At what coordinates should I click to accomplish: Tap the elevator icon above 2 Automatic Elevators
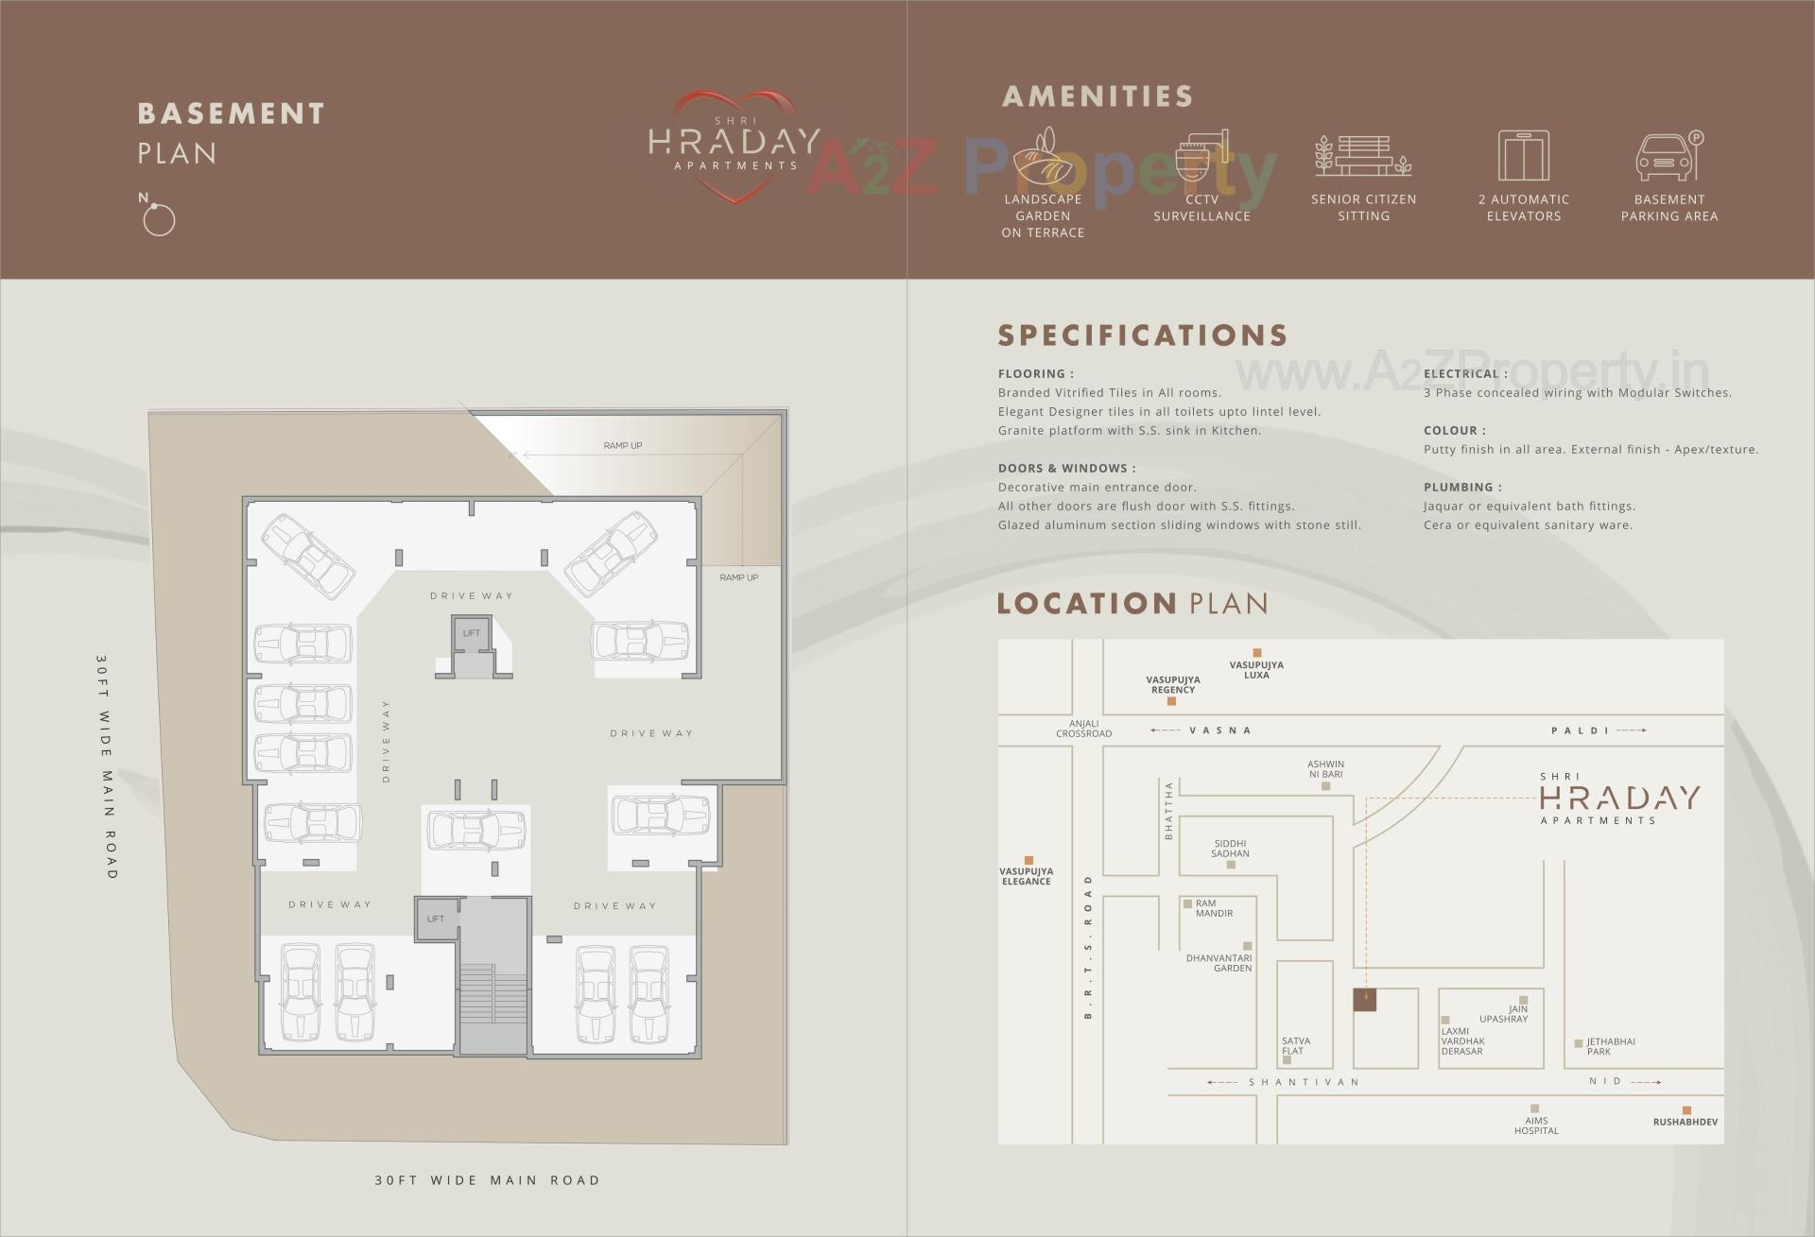tap(1523, 156)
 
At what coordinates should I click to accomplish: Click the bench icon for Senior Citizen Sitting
tap(1362, 156)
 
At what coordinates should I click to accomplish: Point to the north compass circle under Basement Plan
tap(159, 220)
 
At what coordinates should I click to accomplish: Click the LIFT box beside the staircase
tap(436, 919)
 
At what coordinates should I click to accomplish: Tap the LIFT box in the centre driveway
tap(471, 633)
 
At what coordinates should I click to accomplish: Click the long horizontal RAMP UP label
tap(623, 445)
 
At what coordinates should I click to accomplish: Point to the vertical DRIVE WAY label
tap(387, 741)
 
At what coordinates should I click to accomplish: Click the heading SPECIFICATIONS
tap(1143, 335)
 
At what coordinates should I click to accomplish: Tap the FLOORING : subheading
tap(1035, 374)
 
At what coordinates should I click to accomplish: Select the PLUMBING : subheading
tap(1462, 488)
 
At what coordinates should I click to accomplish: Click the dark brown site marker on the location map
tap(1364, 1000)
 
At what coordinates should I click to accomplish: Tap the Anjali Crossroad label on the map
tap(1083, 729)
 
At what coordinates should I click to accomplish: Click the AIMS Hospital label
tap(1536, 1125)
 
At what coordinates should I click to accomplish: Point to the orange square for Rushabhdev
tap(1685, 1110)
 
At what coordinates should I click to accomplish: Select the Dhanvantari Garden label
tap(1219, 963)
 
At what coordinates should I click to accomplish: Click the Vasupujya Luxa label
tap(1256, 670)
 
